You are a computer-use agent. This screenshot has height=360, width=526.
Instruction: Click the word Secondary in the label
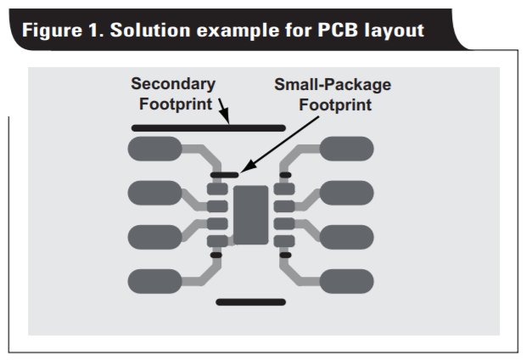click(173, 84)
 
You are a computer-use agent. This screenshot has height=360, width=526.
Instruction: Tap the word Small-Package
click(333, 85)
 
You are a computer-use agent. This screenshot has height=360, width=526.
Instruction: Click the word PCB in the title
click(338, 31)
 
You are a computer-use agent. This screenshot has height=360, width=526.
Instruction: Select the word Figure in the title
click(52, 31)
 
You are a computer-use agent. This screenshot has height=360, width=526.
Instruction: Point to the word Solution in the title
click(150, 31)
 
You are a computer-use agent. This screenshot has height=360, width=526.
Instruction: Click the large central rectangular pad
click(251, 215)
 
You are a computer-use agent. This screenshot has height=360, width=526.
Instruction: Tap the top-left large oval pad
click(155, 149)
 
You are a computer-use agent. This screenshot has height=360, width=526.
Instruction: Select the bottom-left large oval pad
click(155, 281)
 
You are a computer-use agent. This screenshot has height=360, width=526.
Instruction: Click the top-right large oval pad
click(346, 149)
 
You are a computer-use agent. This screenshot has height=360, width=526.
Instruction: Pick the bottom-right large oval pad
click(346, 281)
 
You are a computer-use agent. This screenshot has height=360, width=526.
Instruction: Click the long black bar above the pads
click(209, 128)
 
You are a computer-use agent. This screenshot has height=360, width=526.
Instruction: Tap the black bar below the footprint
click(251, 302)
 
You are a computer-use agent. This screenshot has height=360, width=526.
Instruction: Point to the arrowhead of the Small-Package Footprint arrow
click(246, 169)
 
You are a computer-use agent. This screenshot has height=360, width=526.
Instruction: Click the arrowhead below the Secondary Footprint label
click(227, 117)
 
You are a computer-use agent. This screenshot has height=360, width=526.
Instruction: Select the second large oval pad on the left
click(155, 193)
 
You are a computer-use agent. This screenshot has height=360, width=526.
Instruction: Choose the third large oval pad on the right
click(346, 237)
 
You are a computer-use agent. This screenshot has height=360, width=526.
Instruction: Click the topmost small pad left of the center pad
click(217, 188)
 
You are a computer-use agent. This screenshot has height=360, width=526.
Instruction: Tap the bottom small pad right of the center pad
click(284, 241)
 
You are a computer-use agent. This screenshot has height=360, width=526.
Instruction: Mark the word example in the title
click(238, 31)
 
